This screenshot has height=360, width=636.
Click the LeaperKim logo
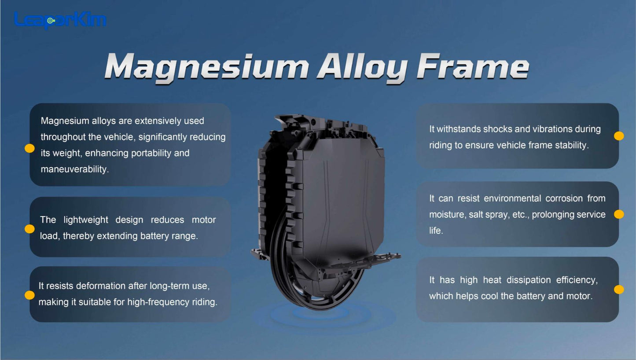(x=60, y=20)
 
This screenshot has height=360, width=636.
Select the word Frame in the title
(x=473, y=66)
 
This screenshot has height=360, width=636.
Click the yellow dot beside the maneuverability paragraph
(x=29, y=148)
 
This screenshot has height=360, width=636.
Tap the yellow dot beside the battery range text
(x=29, y=229)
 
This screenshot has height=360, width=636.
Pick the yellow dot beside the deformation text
(x=29, y=295)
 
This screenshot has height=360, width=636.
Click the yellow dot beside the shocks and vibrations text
(x=619, y=136)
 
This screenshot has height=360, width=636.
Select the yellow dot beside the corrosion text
(x=619, y=214)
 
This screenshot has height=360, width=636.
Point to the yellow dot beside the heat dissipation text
(x=619, y=290)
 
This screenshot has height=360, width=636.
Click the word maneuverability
(x=74, y=169)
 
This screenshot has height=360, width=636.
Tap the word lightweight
(x=86, y=220)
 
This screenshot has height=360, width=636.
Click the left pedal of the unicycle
(x=260, y=254)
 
